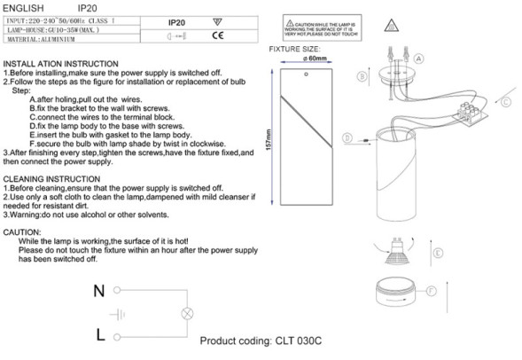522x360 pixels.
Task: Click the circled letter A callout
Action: (x=419, y=59)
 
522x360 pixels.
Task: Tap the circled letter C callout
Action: (x=506, y=102)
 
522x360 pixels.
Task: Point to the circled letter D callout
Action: (x=346, y=138)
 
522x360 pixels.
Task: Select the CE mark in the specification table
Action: (x=216, y=36)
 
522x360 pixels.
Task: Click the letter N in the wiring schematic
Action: (x=99, y=290)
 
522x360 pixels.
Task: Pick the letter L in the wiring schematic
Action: (x=100, y=333)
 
